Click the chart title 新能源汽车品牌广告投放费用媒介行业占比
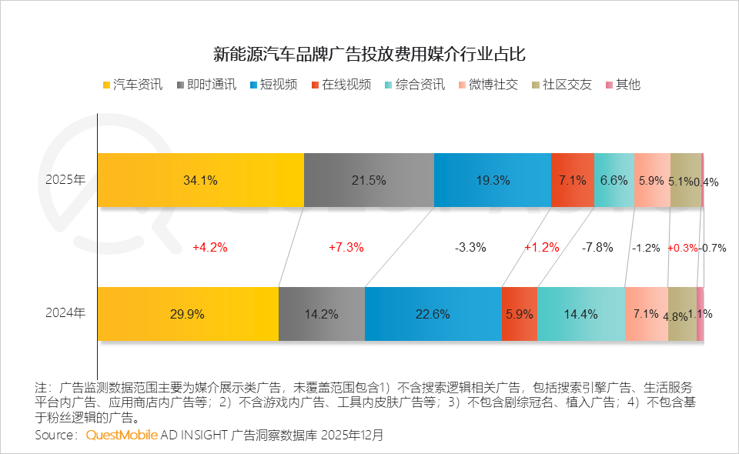pyautogui.click(x=369, y=55)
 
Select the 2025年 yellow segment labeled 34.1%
pyautogui.click(x=200, y=180)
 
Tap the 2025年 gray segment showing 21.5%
pyautogui.click(x=369, y=180)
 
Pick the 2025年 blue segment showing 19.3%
pyautogui.click(x=492, y=180)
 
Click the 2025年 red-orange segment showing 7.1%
pyautogui.click(x=572, y=180)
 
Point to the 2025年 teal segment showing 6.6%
pyautogui.click(x=614, y=180)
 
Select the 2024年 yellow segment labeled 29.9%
pyautogui.click(x=188, y=314)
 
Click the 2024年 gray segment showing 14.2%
pyautogui.click(x=321, y=314)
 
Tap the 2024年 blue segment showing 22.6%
pyautogui.click(x=433, y=314)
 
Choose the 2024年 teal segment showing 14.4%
pyautogui.click(x=580, y=314)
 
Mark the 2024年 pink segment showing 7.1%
pyautogui.click(x=646, y=314)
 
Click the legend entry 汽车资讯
pyautogui.click(x=132, y=85)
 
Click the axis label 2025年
pyautogui.click(x=65, y=180)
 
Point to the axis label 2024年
pyautogui.click(x=65, y=314)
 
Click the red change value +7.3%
pyautogui.click(x=346, y=248)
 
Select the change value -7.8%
pyautogui.click(x=598, y=248)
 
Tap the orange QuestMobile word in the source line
pyautogui.click(x=122, y=435)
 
